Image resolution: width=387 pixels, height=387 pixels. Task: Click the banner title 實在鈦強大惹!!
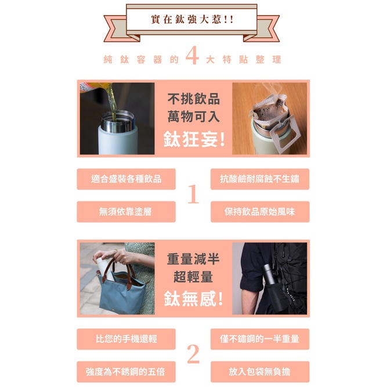tap(192, 20)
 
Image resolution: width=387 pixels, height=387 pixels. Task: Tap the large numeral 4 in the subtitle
tap(192, 56)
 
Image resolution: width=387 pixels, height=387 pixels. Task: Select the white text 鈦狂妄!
tap(194, 139)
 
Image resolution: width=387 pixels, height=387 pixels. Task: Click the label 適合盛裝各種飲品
tap(126, 179)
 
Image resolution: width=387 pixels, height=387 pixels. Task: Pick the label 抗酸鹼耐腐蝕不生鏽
tap(260, 179)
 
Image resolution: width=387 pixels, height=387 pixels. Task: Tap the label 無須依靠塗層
tap(125, 212)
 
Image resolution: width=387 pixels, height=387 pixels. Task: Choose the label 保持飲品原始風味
tap(260, 212)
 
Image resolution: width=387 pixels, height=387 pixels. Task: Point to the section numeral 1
tap(193, 194)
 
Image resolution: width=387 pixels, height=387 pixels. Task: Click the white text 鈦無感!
tap(194, 299)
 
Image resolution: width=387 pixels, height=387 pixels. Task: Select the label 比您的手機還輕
tap(126, 339)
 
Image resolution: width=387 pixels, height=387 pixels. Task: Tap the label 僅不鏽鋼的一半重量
tap(260, 339)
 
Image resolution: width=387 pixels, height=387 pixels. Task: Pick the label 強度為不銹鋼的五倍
tap(125, 372)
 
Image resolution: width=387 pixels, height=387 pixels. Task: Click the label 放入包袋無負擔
tap(260, 372)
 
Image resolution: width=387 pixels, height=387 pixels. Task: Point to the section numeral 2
tap(193, 354)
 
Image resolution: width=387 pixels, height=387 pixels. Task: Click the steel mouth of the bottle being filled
tap(118, 122)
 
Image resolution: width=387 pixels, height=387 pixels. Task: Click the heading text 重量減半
tap(193, 259)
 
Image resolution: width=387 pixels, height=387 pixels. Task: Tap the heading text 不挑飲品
tap(194, 99)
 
